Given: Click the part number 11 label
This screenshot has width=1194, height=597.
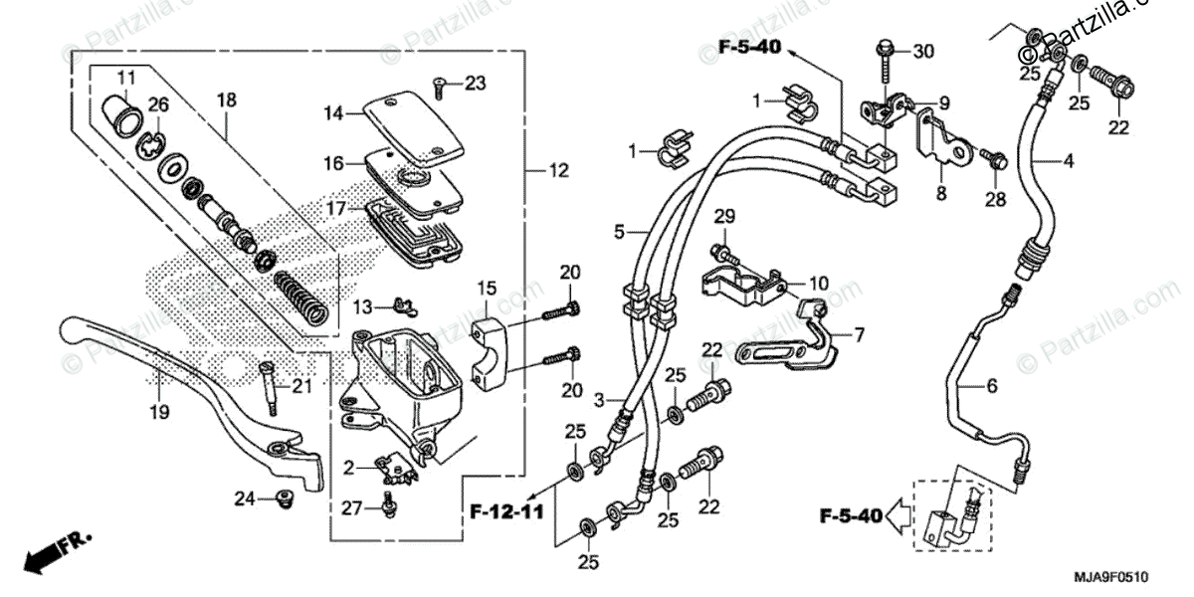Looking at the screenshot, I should click(126, 78).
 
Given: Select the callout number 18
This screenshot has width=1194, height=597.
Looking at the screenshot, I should click(227, 99).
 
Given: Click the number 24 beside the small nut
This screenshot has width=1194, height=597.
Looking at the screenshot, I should click(246, 497).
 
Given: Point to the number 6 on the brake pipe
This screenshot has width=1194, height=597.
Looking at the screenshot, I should click(991, 386).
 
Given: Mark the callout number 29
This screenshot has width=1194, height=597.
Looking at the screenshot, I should click(724, 217).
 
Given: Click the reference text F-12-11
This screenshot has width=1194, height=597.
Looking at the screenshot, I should click(506, 512).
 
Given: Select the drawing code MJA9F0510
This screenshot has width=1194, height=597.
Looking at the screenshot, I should click(1110, 576).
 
